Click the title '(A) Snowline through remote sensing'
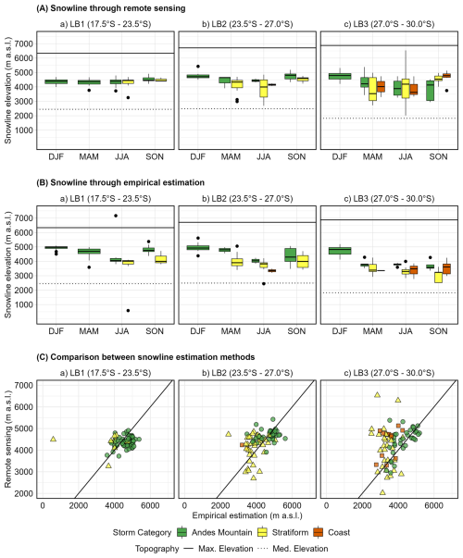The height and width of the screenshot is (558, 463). pyautogui.click(x=111, y=8)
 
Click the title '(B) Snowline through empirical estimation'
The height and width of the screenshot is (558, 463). pyautogui.click(x=120, y=182)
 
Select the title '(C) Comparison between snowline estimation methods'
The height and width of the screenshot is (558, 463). pyautogui.click(x=145, y=357)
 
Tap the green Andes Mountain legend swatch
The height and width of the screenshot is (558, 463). pyautogui.click(x=182, y=532)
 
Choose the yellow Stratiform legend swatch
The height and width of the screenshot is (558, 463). pyautogui.click(x=262, y=532)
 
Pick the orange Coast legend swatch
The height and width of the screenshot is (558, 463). pyautogui.click(x=319, y=532)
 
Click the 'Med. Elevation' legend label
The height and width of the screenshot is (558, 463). pyautogui.click(x=300, y=549)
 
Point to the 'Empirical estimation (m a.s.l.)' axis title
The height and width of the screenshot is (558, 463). pyautogui.click(x=247, y=515)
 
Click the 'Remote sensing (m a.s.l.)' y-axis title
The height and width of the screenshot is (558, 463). pyautogui.click(x=7, y=439)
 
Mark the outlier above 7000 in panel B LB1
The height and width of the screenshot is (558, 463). pyautogui.click(x=116, y=216)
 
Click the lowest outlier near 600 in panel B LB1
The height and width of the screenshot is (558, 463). pyautogui.click(x=128, y=311)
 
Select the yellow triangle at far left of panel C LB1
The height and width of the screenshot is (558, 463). pyautogui.click(x=53, y=439)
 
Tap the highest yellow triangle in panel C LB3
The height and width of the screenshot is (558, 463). pyautogui.click(x=377, y=394)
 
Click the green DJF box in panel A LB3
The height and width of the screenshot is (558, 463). pyautogui.click(x=340, y=76)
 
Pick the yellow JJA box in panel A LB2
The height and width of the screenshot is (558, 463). pyautogui.click(x=264, y=88)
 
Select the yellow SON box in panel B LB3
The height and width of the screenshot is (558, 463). pyautogui.click(x=429, y=278)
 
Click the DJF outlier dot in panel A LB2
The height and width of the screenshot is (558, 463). pyautogui.click(x=198, y=67)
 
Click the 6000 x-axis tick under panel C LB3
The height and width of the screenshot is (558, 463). pyautogui.click(x=433, y=505)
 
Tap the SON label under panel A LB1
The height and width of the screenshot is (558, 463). pyautogui.click(x=155, y=157)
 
